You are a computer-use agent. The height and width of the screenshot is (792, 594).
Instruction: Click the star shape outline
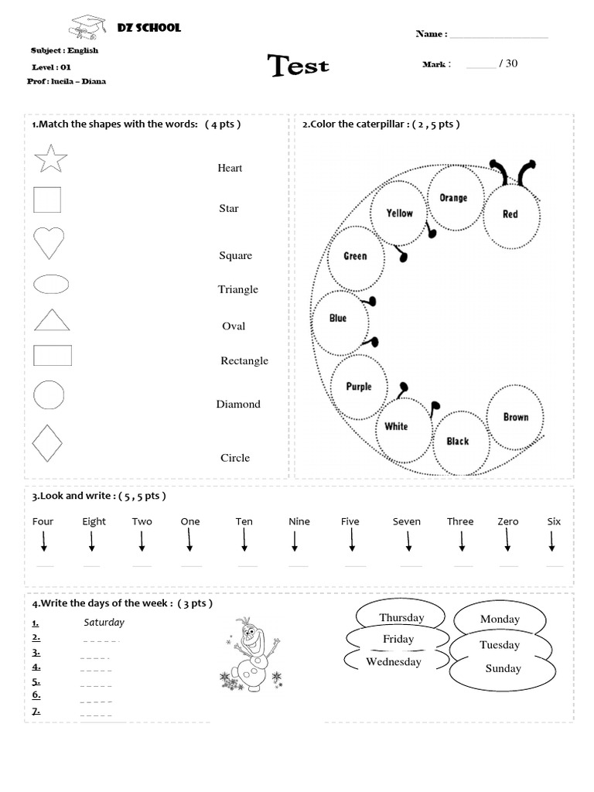pos(51,159)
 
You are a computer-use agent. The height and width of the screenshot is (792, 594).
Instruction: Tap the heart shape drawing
pos(49,242)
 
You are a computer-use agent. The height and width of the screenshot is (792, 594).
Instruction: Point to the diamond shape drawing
pos(48,442)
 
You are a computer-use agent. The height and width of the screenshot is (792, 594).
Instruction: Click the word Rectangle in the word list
pos(244,360)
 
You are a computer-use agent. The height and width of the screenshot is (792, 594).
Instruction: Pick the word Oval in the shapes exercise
pos(234,326)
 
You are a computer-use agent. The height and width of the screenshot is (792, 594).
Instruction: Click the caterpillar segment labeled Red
pos(510,213)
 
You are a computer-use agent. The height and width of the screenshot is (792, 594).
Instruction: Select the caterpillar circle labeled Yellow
pos(400,213)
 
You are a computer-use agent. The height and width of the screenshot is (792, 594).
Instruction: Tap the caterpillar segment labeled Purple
pos(359,387)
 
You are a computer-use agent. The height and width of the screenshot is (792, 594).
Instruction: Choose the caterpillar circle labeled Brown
pos(515,417)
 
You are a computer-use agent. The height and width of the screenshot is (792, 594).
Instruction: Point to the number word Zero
pos(508,521)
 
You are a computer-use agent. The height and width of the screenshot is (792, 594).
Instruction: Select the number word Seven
pos(407,521)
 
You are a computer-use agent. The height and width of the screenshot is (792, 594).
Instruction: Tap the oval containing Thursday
pos(401,616)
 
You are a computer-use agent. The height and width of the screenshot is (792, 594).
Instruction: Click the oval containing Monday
pos(500,619)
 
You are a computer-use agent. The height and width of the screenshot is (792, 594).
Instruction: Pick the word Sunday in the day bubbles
pos(503,668)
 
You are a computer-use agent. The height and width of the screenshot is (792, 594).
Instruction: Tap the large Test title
pos(299,67)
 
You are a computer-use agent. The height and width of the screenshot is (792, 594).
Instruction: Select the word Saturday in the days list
pos(104,622)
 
